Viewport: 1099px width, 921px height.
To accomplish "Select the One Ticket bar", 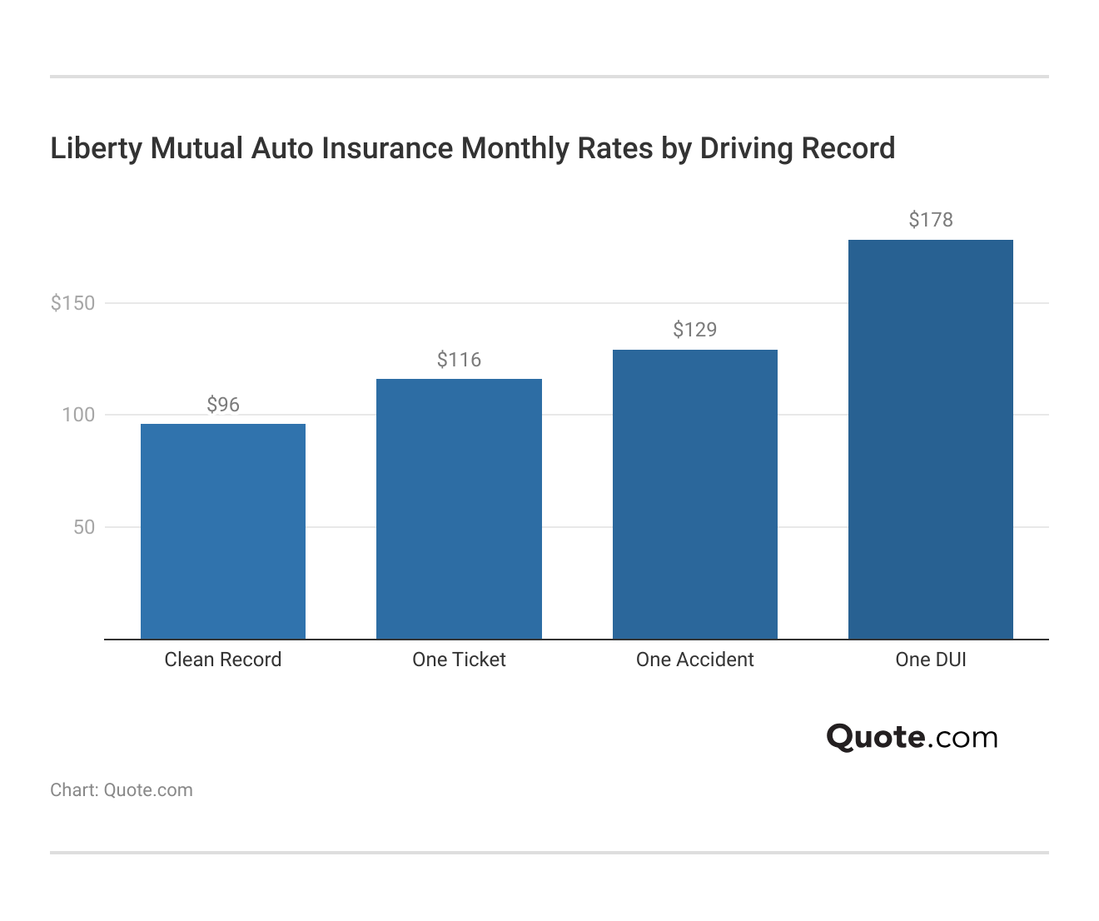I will point(459,509).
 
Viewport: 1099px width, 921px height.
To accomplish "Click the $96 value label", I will point(223,405).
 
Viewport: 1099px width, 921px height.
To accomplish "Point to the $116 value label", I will point(459,360).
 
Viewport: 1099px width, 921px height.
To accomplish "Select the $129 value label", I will point(695,330).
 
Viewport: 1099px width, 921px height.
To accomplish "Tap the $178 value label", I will point(931,220).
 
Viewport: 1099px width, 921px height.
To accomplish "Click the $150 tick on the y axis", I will point(73,303).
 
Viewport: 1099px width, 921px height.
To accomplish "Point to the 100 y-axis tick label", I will point(78,415).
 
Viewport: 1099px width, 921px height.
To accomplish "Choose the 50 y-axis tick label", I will point(84,527).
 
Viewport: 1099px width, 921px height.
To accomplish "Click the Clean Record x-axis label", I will point(223,660).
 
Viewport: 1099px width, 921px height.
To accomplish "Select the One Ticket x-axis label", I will point(459,660).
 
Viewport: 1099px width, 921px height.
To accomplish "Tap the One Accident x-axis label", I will point(695,660).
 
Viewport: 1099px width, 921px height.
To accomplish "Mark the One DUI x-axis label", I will point(931,660).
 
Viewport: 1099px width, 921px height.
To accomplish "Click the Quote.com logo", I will point(912,737).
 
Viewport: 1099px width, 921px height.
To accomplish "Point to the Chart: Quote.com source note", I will point(122,790).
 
